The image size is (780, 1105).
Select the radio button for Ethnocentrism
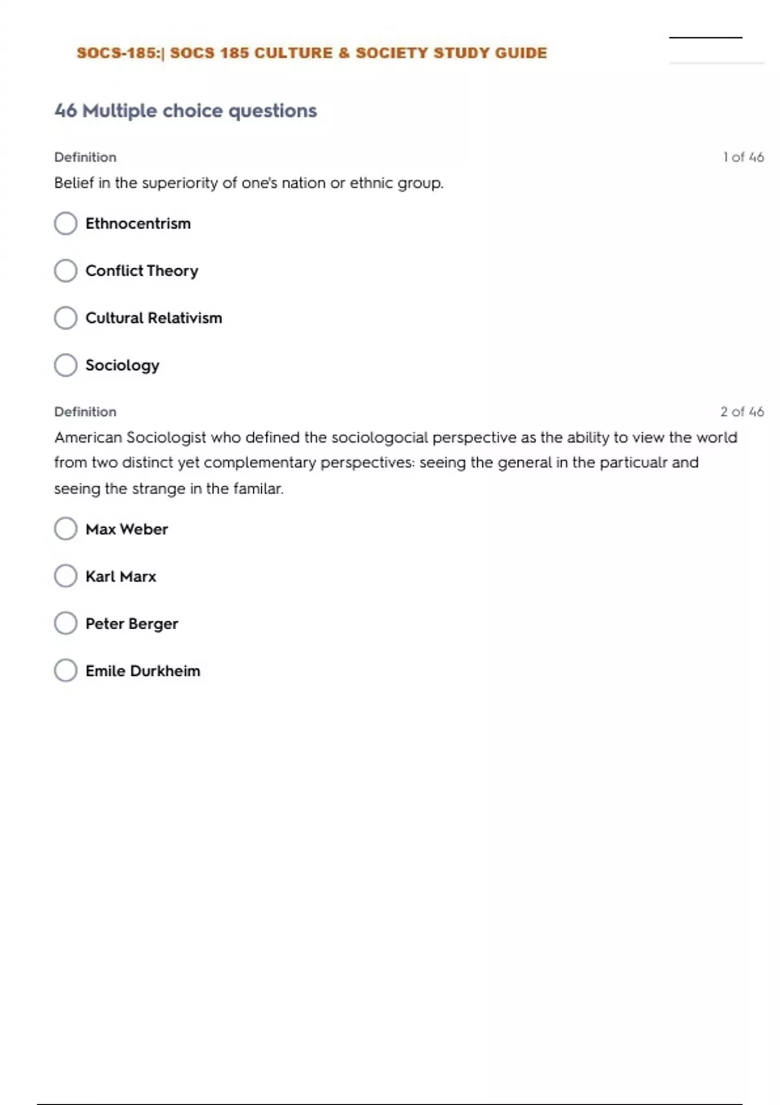(66, 224)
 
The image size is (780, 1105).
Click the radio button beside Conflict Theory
(66, 270)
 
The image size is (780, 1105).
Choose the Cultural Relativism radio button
(66, 318)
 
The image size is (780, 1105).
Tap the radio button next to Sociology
(66, 365)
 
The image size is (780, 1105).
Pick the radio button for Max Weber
(66, 529)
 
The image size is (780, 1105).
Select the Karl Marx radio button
(66, 576)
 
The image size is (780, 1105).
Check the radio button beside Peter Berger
(66, 623)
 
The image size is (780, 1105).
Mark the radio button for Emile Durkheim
(66, 670)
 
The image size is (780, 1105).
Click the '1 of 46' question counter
(743, 157)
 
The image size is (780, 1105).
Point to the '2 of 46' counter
(742, 411)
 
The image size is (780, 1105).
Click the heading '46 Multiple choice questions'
(186, 111)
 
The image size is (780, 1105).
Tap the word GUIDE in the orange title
(521, 53)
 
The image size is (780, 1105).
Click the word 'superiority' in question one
(179, 183)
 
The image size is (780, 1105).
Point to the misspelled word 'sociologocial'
(380, 437)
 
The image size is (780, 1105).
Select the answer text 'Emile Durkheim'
(143, 671)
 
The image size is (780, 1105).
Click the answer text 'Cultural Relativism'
(154, 318)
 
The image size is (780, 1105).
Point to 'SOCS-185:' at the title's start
(118, 53)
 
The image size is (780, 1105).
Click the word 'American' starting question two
(88, 437)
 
